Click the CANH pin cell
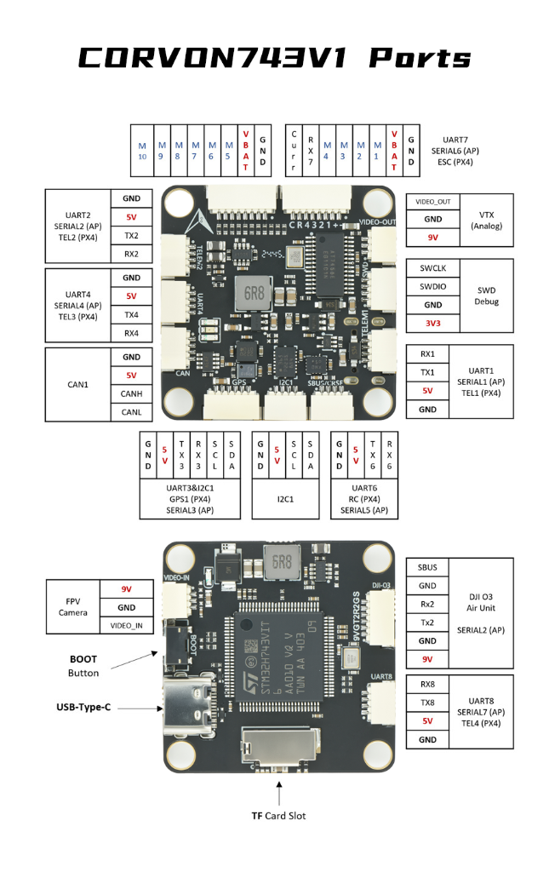pos(131,393)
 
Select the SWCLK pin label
pos(438,267)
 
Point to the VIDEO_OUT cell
pos(433,202)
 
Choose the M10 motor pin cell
pos(142,151)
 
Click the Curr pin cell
pos(294,151)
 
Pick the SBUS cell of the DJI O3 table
pos(427,567)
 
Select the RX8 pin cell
pos(427,684)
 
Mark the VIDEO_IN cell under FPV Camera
pos(127,626)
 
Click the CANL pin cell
pos(131,412)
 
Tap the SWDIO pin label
pos(438,286)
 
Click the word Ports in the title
pos(420,59)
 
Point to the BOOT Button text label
pos(83,666)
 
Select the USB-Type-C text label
pos(84,707)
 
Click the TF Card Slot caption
pos(278,816)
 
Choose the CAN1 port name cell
pos(78,384)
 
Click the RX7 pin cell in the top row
pos(311,151)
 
